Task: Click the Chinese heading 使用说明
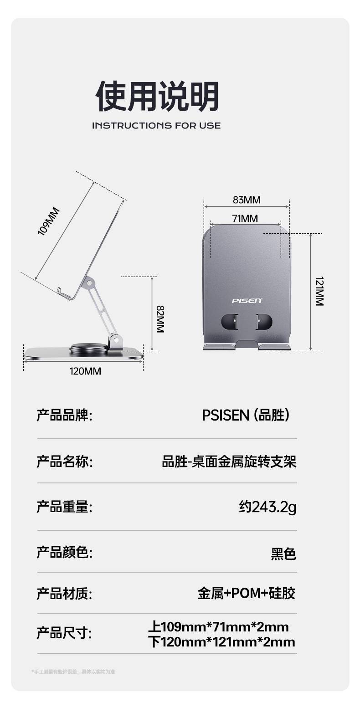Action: point(157,96)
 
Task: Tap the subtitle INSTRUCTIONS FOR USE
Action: point(156,125)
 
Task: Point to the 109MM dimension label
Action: point(49,221)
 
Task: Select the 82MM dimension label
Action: point(160,319)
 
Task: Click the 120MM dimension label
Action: point(85,371)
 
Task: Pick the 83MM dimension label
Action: point(247,200)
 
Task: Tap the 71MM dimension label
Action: point(245,219)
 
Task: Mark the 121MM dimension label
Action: point(319,291)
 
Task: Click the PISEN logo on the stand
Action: point(247,301)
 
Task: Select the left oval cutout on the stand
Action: point(230,322)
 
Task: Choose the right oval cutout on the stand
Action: point(263,322)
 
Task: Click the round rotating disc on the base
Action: point(89,349)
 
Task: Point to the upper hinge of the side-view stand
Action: point(89,283)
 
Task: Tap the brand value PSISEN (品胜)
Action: point(246,415)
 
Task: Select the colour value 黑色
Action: point(283,554)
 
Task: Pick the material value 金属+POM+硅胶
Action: point(247,593)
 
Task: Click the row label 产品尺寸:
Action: point(64,633)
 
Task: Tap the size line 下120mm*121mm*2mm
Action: point(222,642)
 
